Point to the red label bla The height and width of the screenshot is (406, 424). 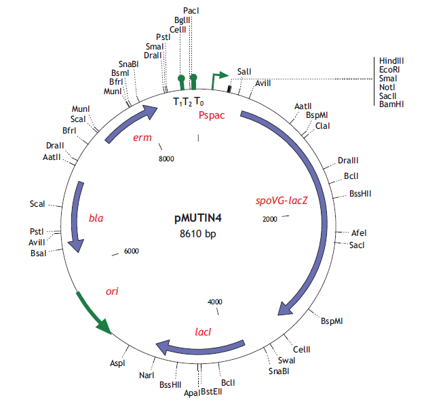tap(96, 218)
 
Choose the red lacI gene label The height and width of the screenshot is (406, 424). tap(203, 332)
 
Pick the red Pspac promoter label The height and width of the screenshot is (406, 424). tap(212, 115)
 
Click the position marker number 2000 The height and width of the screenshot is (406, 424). tap(269, 219)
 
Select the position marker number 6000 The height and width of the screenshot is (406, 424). tap(132, 251)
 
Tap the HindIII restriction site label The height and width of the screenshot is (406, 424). tap(392, 60)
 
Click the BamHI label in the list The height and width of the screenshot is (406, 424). tap(391, 104)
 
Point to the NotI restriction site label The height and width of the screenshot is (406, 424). tap(388, 86)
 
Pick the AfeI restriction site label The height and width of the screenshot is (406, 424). tap(359, 232)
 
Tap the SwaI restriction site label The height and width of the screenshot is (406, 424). tap(287, 360)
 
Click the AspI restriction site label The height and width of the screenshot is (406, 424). tap(117, 363)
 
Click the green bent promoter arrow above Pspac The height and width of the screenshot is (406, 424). tap(218, 78)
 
